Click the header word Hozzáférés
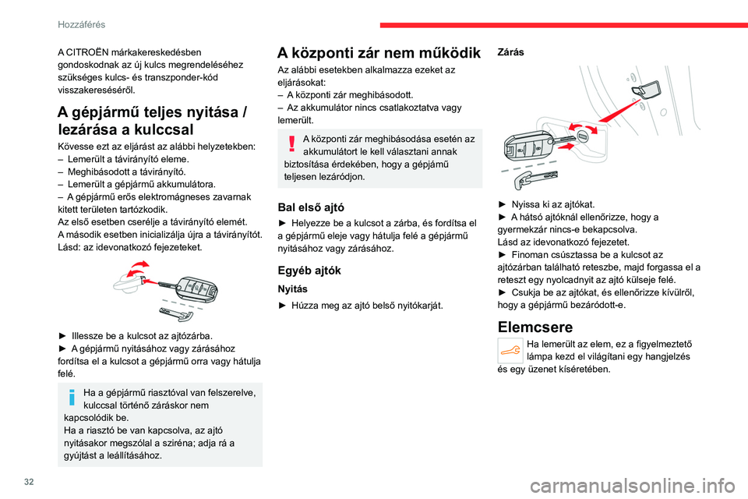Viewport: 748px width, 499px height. point(81,24)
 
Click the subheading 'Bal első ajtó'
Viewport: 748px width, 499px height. point(311,207)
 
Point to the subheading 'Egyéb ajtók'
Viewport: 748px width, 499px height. point(309,271)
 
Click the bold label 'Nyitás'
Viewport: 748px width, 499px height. point(293,288)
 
